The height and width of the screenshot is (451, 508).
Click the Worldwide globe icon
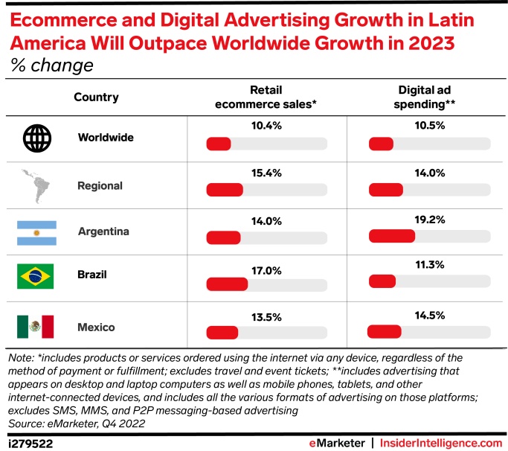36,138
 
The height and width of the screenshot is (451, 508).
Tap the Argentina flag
36,232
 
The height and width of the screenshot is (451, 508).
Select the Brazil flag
36,276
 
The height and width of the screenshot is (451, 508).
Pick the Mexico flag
36,326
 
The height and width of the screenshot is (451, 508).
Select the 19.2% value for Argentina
430,220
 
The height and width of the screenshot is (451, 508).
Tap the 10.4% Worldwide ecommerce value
266,126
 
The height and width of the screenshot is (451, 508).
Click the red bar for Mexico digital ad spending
385,331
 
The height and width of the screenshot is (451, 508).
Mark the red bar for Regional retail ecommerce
225,191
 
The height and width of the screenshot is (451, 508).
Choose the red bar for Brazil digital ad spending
382,281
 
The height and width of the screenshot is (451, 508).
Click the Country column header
96,97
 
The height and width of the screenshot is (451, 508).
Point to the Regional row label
100,185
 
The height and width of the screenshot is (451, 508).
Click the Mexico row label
97,327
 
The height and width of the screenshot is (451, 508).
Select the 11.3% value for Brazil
430,263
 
